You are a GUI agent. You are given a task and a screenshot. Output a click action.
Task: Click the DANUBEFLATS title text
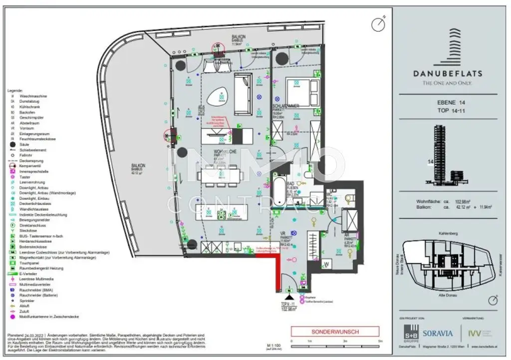coord(447,73)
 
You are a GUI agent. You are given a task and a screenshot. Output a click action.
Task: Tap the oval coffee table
coord(218,98)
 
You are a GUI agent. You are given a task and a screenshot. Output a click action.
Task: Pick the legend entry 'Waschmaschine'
coord(33,95)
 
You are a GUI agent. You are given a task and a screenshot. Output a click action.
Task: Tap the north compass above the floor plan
coord(379,23)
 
